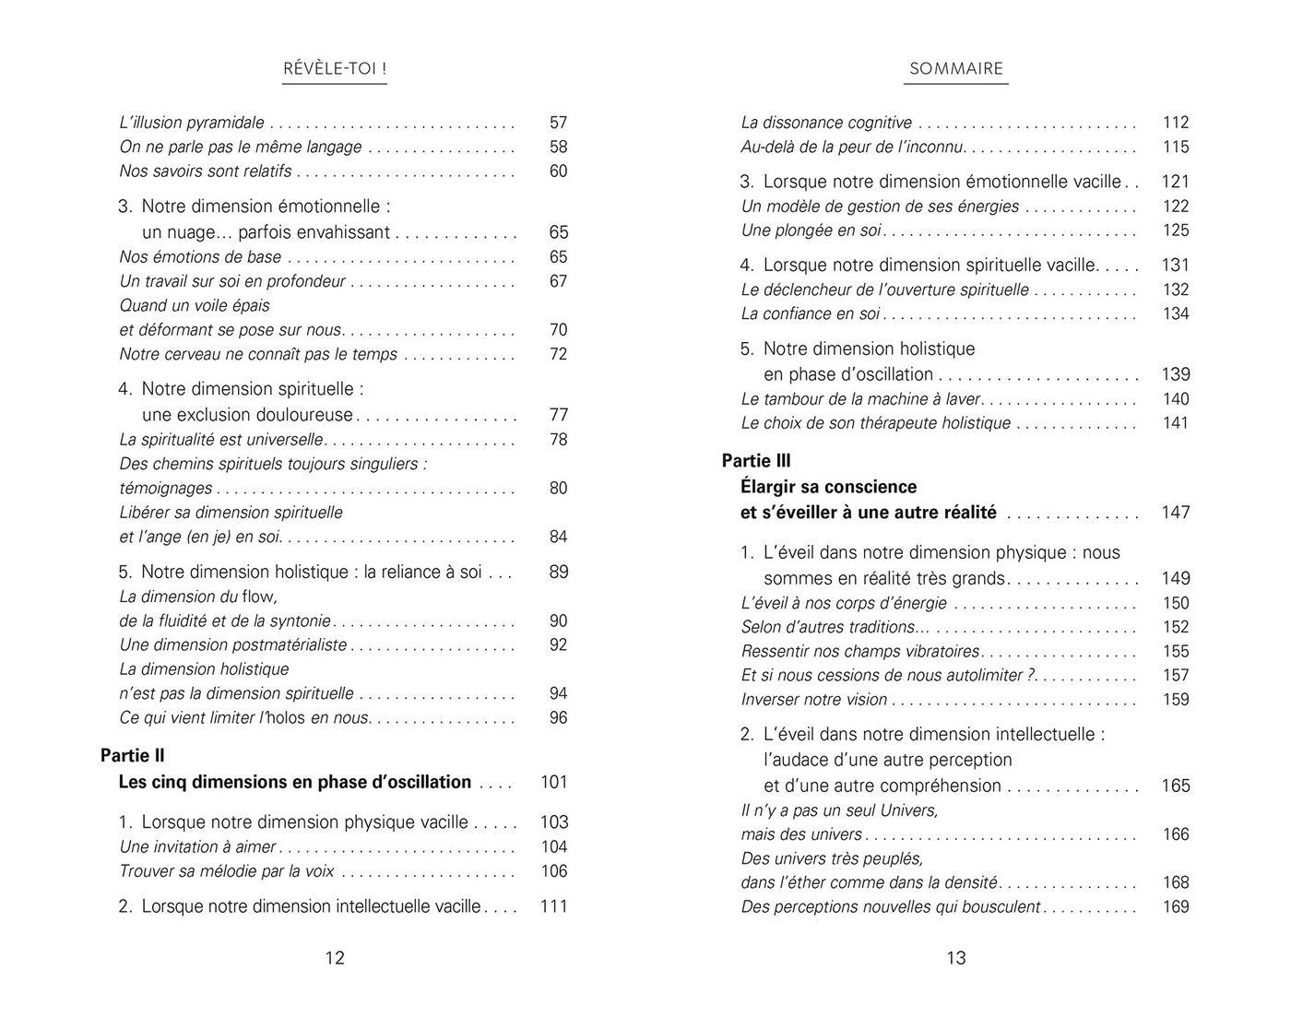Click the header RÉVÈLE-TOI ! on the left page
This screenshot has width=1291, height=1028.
[334, 69]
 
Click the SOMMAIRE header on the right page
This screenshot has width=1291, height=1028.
[955, 69]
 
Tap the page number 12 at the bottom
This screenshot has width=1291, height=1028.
[335, 958]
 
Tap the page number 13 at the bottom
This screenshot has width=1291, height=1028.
[956, 958]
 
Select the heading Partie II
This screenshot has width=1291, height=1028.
[133, 756]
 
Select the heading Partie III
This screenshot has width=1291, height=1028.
[756, 461]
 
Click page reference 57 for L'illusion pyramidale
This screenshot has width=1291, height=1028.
[558, 123]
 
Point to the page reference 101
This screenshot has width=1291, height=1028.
[553, 782]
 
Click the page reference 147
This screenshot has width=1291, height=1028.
[1176, 513]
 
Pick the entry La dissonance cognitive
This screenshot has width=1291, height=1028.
[826, 123]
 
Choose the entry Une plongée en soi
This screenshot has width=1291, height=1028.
[811, 230]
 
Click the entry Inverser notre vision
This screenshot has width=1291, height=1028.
[814, 700]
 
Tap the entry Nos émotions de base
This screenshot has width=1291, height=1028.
[200, 257]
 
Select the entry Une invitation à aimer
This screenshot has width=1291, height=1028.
[197, 847]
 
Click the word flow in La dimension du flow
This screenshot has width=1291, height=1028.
[259, 597]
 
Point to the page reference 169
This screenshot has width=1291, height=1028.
[1176, 907]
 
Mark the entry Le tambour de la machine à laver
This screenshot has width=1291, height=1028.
[860, 399]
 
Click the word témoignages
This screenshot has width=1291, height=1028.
[166, 489]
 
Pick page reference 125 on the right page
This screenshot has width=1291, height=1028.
[1176, 230]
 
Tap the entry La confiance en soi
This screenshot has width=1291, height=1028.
[811, 314]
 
